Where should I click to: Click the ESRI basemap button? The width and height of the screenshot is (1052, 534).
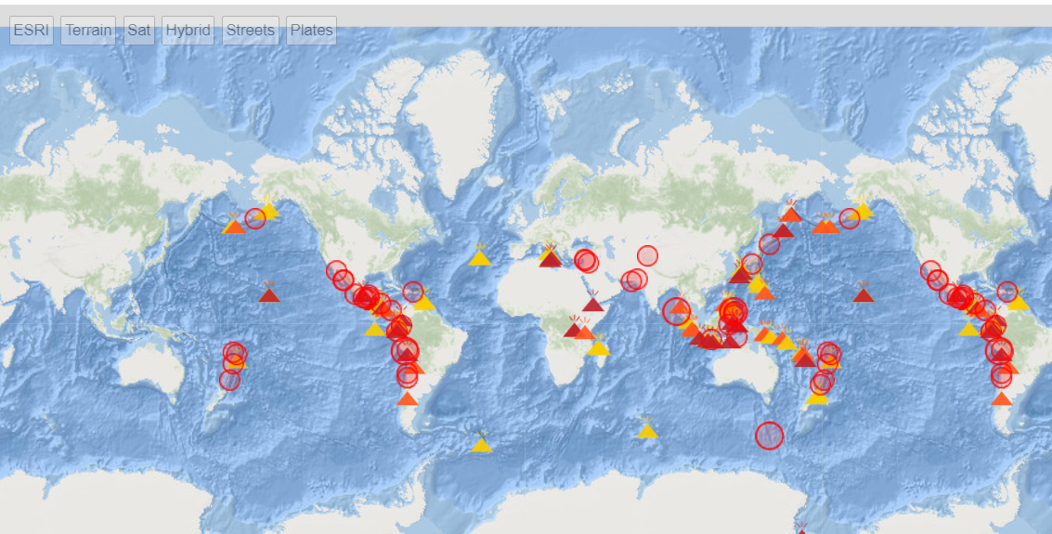pyautogui.click(x=32, y=30)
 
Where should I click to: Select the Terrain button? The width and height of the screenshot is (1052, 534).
pyautogui.click(x=88, y=30)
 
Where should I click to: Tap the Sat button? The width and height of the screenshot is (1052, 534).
pyautogui.click(x=139, y=30)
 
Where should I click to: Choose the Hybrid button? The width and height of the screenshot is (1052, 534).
pyautogui.click(x=188, y=30)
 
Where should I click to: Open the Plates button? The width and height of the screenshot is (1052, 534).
pyautogui.click(x=311, y=30)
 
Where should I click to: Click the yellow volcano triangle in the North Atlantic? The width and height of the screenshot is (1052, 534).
pyautogui.click(x=480, y=257)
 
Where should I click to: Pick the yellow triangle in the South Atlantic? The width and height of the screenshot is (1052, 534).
pyautogui.click(x=481, y=444)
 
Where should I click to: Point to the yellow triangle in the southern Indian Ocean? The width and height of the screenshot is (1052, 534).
pyautogui.click(x=647, y=429)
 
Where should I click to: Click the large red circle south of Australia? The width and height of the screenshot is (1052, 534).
pyautogui.click(x=769, y=435)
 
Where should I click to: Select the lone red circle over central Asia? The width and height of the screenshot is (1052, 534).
pyautogui.click(x=647, y=255)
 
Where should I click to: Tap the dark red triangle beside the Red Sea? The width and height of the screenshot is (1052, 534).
pyautogui.click(x=593, y=304)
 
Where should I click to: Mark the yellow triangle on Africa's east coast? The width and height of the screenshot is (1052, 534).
pyautogui.click(x=599, y=347)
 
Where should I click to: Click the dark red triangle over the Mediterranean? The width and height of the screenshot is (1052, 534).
pyautogui.click(x=551, y=257)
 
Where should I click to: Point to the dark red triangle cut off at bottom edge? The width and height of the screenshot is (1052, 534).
pyautogui.click(x=801, y=529)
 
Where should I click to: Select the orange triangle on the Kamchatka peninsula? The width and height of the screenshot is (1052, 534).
pyautogui.click(x=790, y=215)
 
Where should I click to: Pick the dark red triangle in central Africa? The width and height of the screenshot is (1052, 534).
pyautogui.click(x=574, y=329)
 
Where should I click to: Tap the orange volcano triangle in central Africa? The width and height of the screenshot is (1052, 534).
pyautogui.click(x=585, y=331)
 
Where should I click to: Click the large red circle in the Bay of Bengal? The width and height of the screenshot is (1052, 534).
pyautogui.click(x=676, y=312)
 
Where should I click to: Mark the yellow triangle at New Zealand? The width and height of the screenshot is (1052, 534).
pyautogui.click(x=817, y=397)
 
